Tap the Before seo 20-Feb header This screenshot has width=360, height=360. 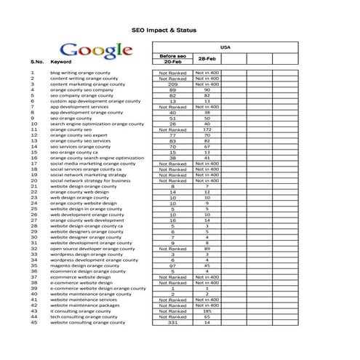click(x=172, y=60)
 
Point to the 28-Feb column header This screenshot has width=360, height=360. click(x=207, y=58)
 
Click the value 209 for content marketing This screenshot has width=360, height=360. click(x=172, y=84)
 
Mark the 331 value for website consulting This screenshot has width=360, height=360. click(x=172, y=322)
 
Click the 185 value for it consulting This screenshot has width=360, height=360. click(x=207, y=311)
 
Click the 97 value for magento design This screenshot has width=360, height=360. click(x=172, y=265)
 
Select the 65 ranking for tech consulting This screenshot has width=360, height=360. click(x=207, y=316)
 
